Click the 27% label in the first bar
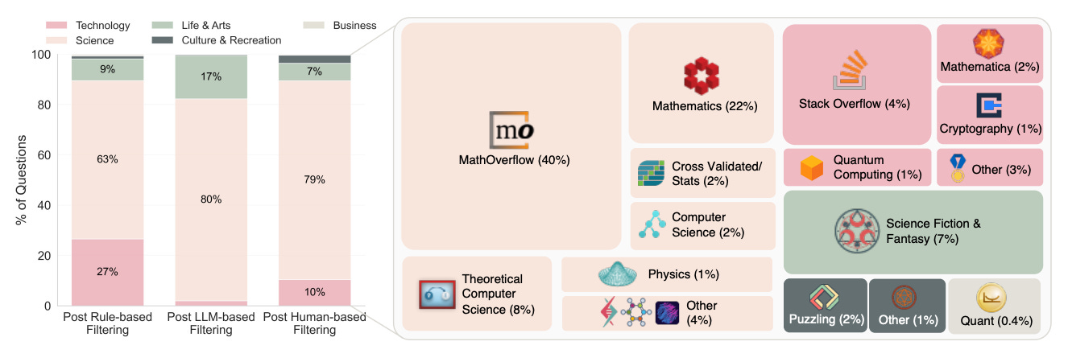pyautogui.click(x=107, y=272)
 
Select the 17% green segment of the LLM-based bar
pyautogui.click(x=211, y=77)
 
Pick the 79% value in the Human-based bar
pyautogui.click(x=314, y=179)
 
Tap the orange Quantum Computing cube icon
pyautogui.click(x=812, y=167)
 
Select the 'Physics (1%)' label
pyautogui.click(x=683, y=274)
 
